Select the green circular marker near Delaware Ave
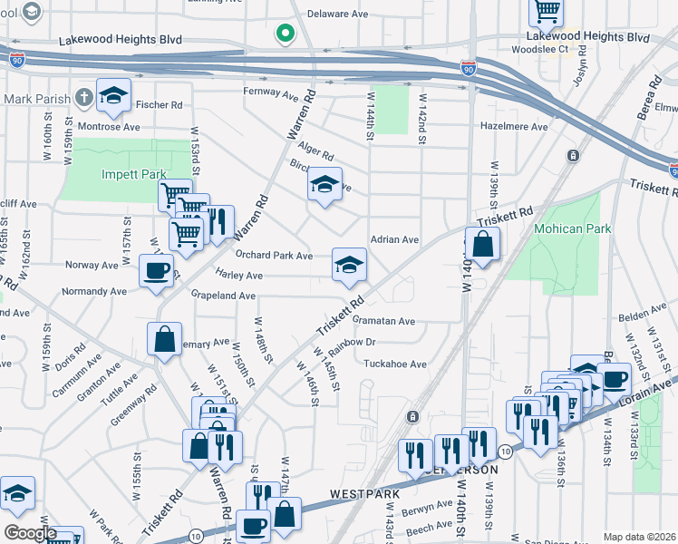(286, 34)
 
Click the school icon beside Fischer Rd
(114, 96)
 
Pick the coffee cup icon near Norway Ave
(156, 271)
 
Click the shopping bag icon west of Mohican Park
(483, 245)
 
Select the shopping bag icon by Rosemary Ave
(165, 341)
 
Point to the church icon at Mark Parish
(83, 97)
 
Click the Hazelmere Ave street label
(515, 128)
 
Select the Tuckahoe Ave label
(394, 364)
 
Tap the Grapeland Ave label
(222, 296)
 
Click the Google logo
(29, 533)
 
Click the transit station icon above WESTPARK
(412, 416)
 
